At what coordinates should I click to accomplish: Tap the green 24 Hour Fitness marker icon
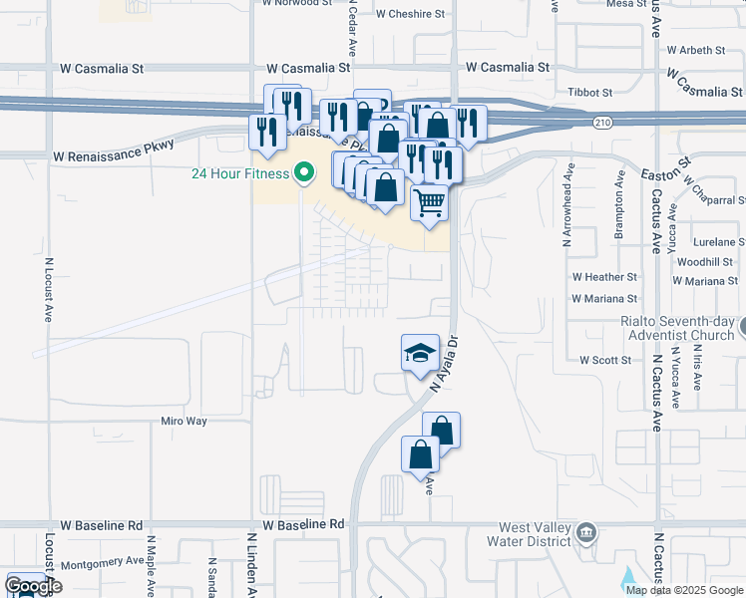(x=305, y=174)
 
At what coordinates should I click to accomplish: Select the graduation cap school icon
(x=420, y=352)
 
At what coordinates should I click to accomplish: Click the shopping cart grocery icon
(x=430, y=202)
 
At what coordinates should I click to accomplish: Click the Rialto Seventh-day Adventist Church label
(x=677, y=328)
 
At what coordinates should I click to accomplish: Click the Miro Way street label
(x=184, y=422)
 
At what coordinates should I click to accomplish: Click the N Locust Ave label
(x=48, y=290)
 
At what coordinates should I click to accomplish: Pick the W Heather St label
(x=604, y=277)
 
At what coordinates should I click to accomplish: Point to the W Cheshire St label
(x=410, y=14)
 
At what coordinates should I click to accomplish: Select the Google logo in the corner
(x=32, y=586)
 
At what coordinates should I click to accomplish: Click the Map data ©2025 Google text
(x=683, y=589)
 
